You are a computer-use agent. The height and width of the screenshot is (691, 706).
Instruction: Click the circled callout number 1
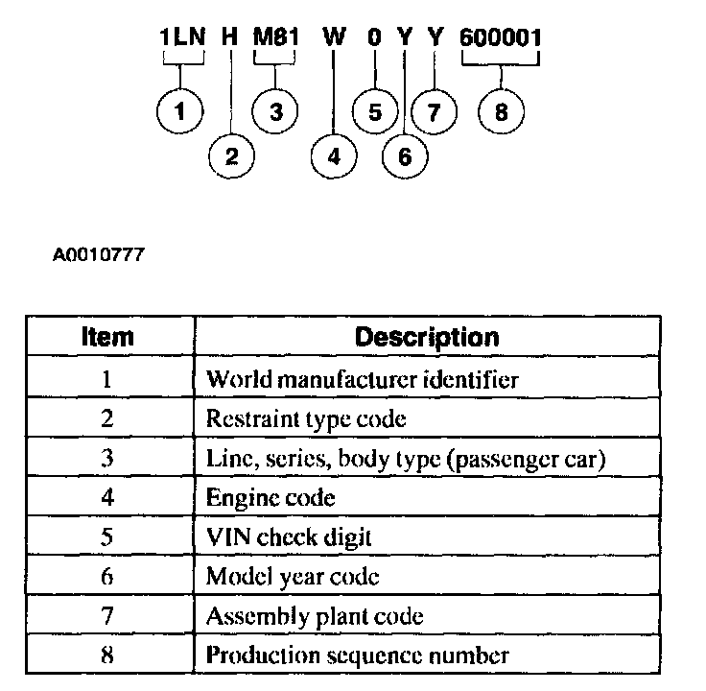178,111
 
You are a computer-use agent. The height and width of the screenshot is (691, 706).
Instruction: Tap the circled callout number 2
230,156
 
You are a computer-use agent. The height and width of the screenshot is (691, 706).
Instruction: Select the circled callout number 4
334,156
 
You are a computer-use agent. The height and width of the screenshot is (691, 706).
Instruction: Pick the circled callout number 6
404,156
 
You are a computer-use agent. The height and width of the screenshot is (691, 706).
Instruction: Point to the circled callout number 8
501,111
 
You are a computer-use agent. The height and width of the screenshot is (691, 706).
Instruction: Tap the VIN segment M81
276,38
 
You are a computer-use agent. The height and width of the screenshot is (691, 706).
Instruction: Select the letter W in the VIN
334,38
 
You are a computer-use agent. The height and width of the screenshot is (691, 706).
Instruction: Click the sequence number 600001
501,38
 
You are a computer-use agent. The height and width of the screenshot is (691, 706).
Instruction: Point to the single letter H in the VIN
230,38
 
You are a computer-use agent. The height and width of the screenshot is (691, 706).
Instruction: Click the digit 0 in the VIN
374,38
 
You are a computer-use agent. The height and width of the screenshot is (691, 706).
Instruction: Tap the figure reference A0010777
99,256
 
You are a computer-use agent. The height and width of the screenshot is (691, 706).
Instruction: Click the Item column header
106,337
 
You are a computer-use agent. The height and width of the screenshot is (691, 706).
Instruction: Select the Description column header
427,337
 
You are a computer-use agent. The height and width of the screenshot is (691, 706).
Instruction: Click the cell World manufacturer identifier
363,378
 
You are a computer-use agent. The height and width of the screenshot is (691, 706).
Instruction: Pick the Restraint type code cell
306,418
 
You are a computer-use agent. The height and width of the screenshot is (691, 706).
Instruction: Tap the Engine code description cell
271,497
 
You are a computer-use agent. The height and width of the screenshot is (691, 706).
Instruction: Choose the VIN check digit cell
288,536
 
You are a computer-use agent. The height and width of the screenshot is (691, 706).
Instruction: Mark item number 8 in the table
106,655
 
